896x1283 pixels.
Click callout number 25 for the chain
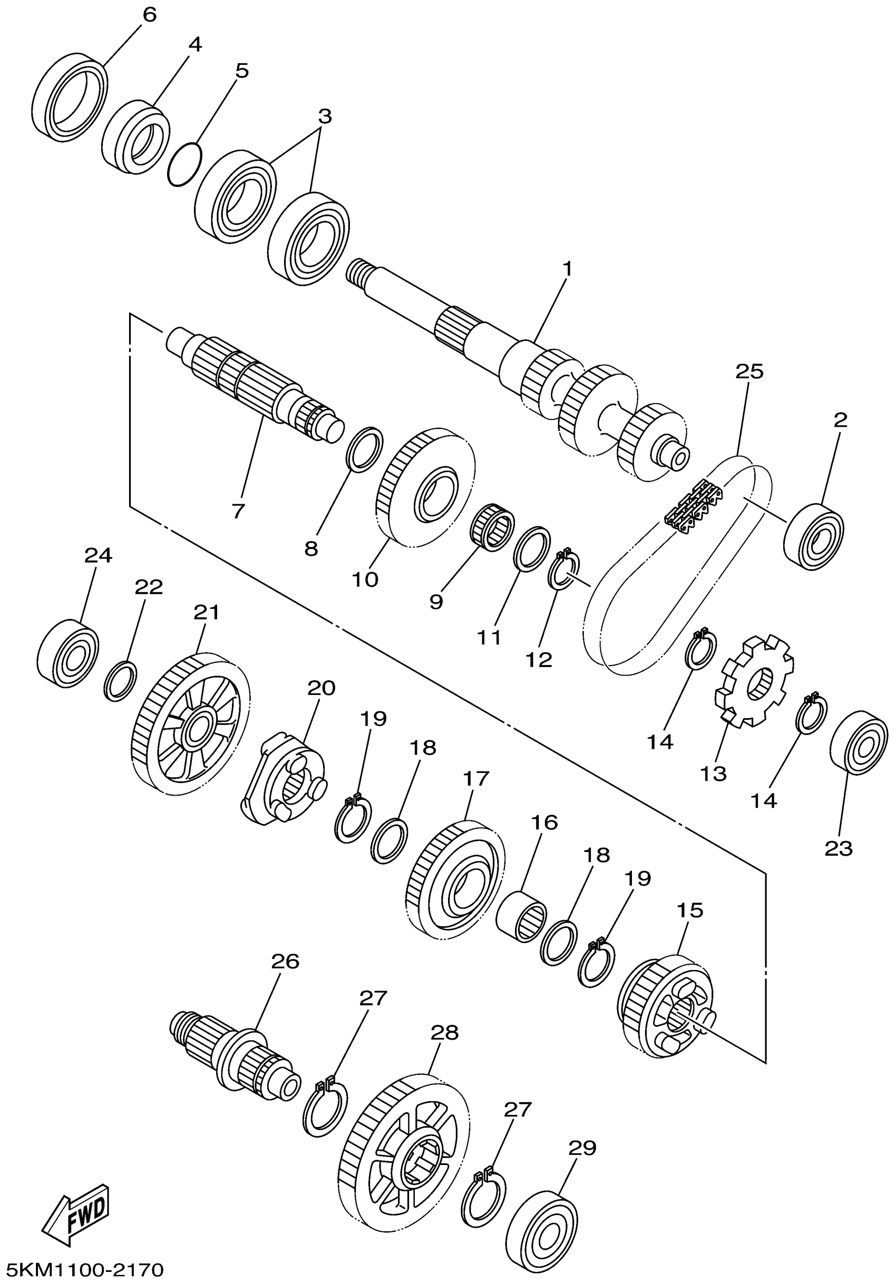(749, 371)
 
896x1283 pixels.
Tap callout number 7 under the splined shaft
(238, 511)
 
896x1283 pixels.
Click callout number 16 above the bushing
(544, 822)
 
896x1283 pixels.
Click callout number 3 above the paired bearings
(325, 117)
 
